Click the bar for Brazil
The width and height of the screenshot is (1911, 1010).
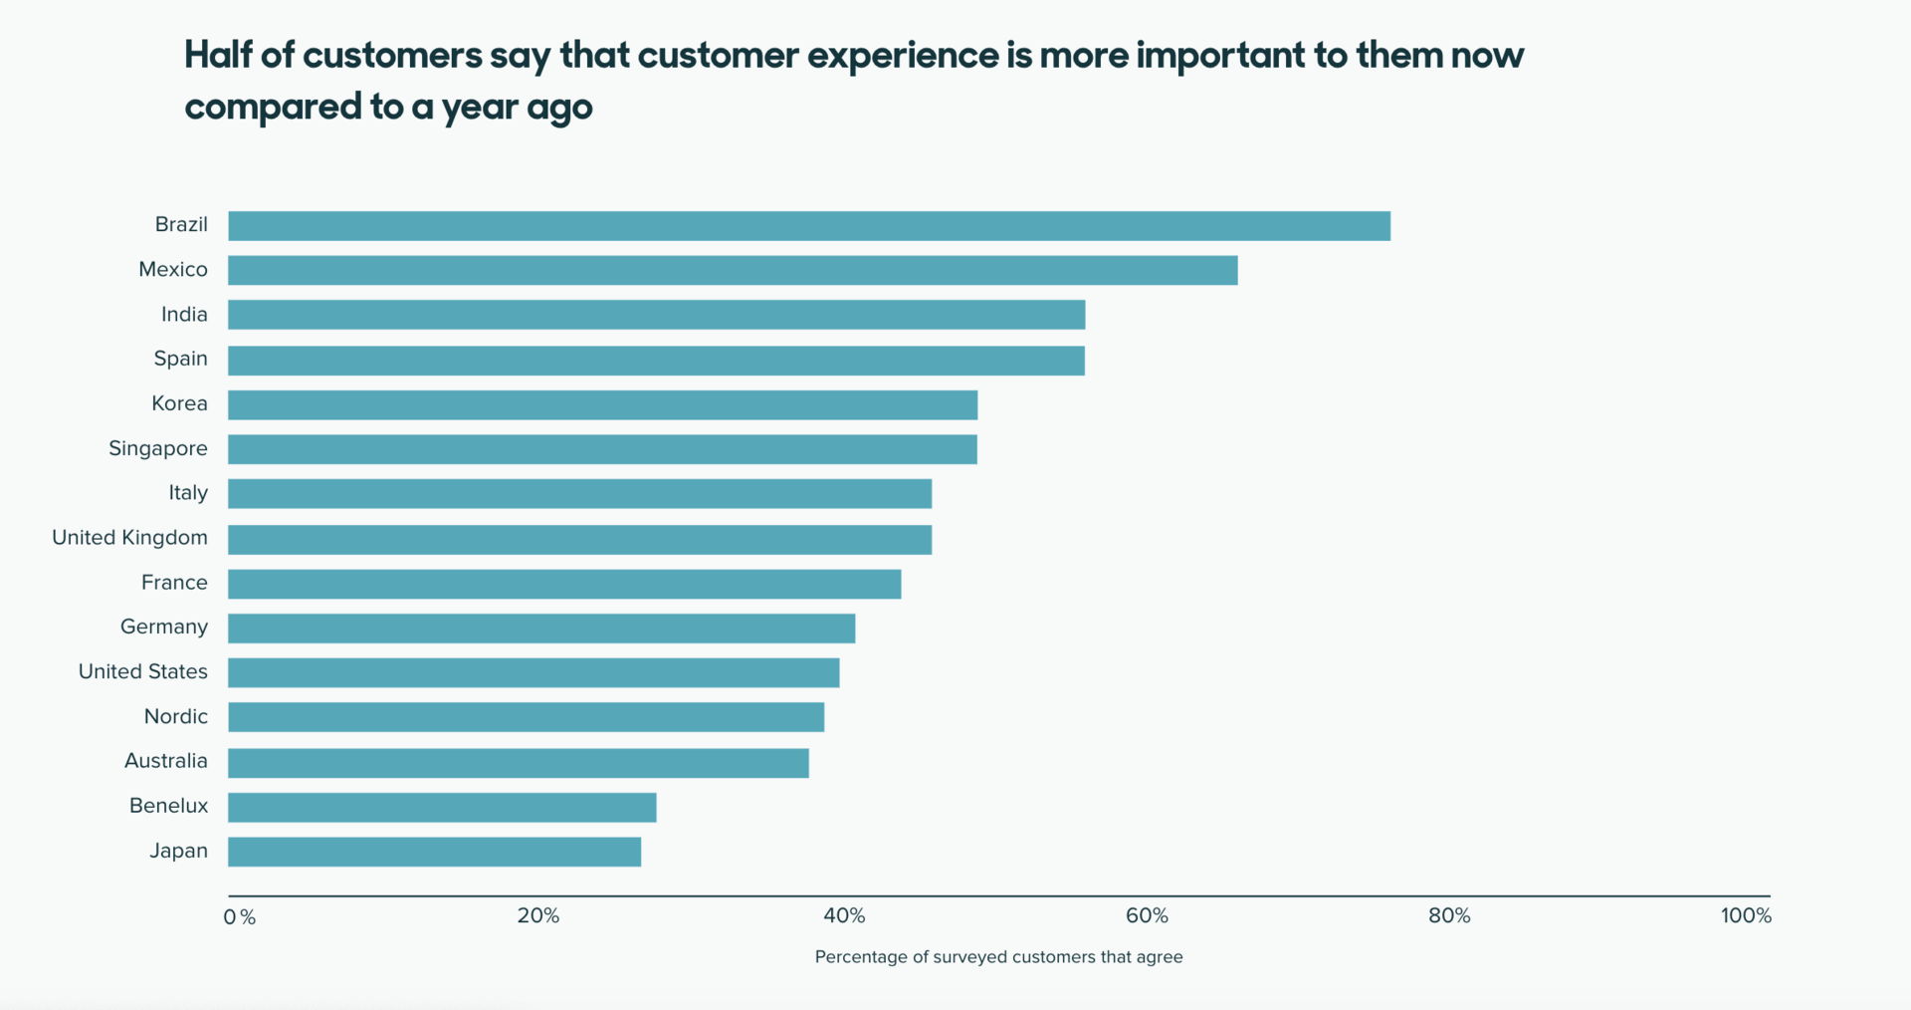pos(808,226)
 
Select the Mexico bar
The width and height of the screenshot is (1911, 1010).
pos(733,270)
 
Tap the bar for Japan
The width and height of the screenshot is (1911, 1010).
pos(434,852)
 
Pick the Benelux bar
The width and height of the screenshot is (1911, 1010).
pos(442,807)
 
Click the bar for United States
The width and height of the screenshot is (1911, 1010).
pos(533,672)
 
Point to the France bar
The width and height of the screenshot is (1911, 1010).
pos(564,584)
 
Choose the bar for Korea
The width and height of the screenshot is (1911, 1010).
pos(602,404)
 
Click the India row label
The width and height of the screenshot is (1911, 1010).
pos(184,315)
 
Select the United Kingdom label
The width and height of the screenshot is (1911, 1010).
pos(129,538)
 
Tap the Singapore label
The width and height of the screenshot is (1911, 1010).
pos(157,448)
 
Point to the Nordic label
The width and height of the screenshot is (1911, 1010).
pos(175,716)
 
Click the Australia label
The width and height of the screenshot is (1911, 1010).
pos(165,761)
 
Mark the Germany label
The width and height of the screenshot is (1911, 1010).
pos(163,627)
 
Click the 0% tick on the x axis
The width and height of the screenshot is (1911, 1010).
pos(239,916)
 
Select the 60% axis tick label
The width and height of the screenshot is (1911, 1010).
pos(1147,915)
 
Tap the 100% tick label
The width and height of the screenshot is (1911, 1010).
pos(1745,915)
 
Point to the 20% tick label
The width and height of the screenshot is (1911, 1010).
pos(537,915)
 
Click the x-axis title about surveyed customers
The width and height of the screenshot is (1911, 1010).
pos(998,957)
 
